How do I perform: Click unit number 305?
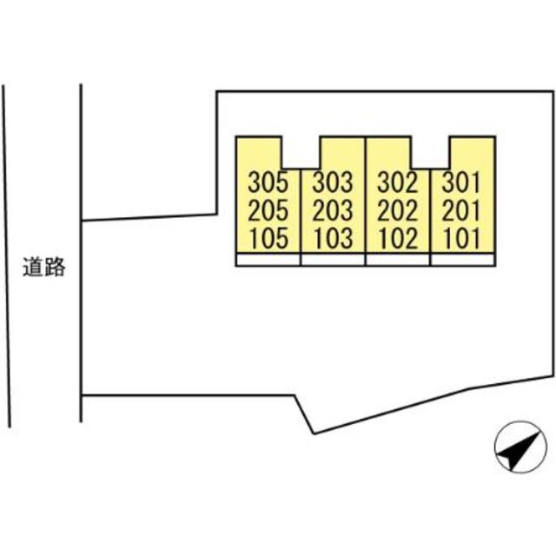pyautogui.click(x=268, y=183)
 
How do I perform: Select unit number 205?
pyautogui.click(x=268, y=211)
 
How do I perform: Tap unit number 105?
pyautogui.click(x=268, y=239)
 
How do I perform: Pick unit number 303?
pyautogui.click(x=333, y=183)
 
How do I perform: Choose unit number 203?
pyautogui.click(x=333, y=211)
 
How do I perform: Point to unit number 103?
pyautogui.click(x=333, y=239)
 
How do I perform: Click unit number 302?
pyautogui.click(x=399, y=183)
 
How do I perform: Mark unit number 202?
pyautogui.click(x=399, y=211)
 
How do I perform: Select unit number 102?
pyautogui.click(x=399, y=239)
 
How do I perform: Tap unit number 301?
pyautogui.click(x=461, y=183)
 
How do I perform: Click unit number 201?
pyautogui.click(x=461, y=211)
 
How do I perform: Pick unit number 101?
pyautogui.click(x=461, y=239)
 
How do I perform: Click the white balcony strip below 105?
pyautogui.click(x=268, y=259)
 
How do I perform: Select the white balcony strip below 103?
pyautogui.click(x=334, y=259)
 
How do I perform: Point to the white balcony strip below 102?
pyautogui.click(x=399, y=259)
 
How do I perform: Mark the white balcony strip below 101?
pyautogui.click(x=463, y=259)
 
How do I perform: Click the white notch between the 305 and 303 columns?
pyautogui.click(x=301, y=151)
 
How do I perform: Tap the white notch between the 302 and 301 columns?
pyautogui.click(x=430, y=151)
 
